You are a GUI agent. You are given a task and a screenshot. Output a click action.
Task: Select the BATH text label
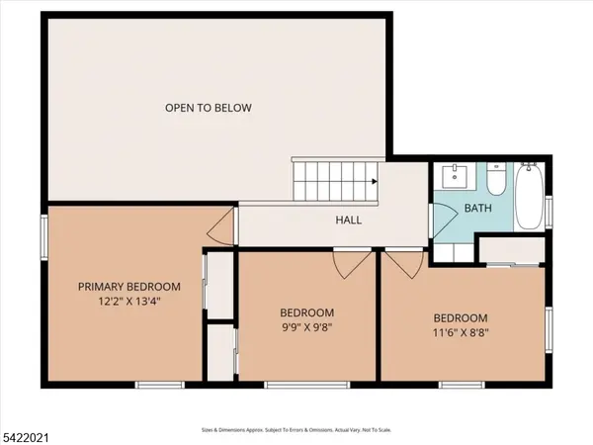tap(477, 209)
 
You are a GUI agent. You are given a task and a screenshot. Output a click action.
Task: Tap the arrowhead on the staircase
tap(374, 182)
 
